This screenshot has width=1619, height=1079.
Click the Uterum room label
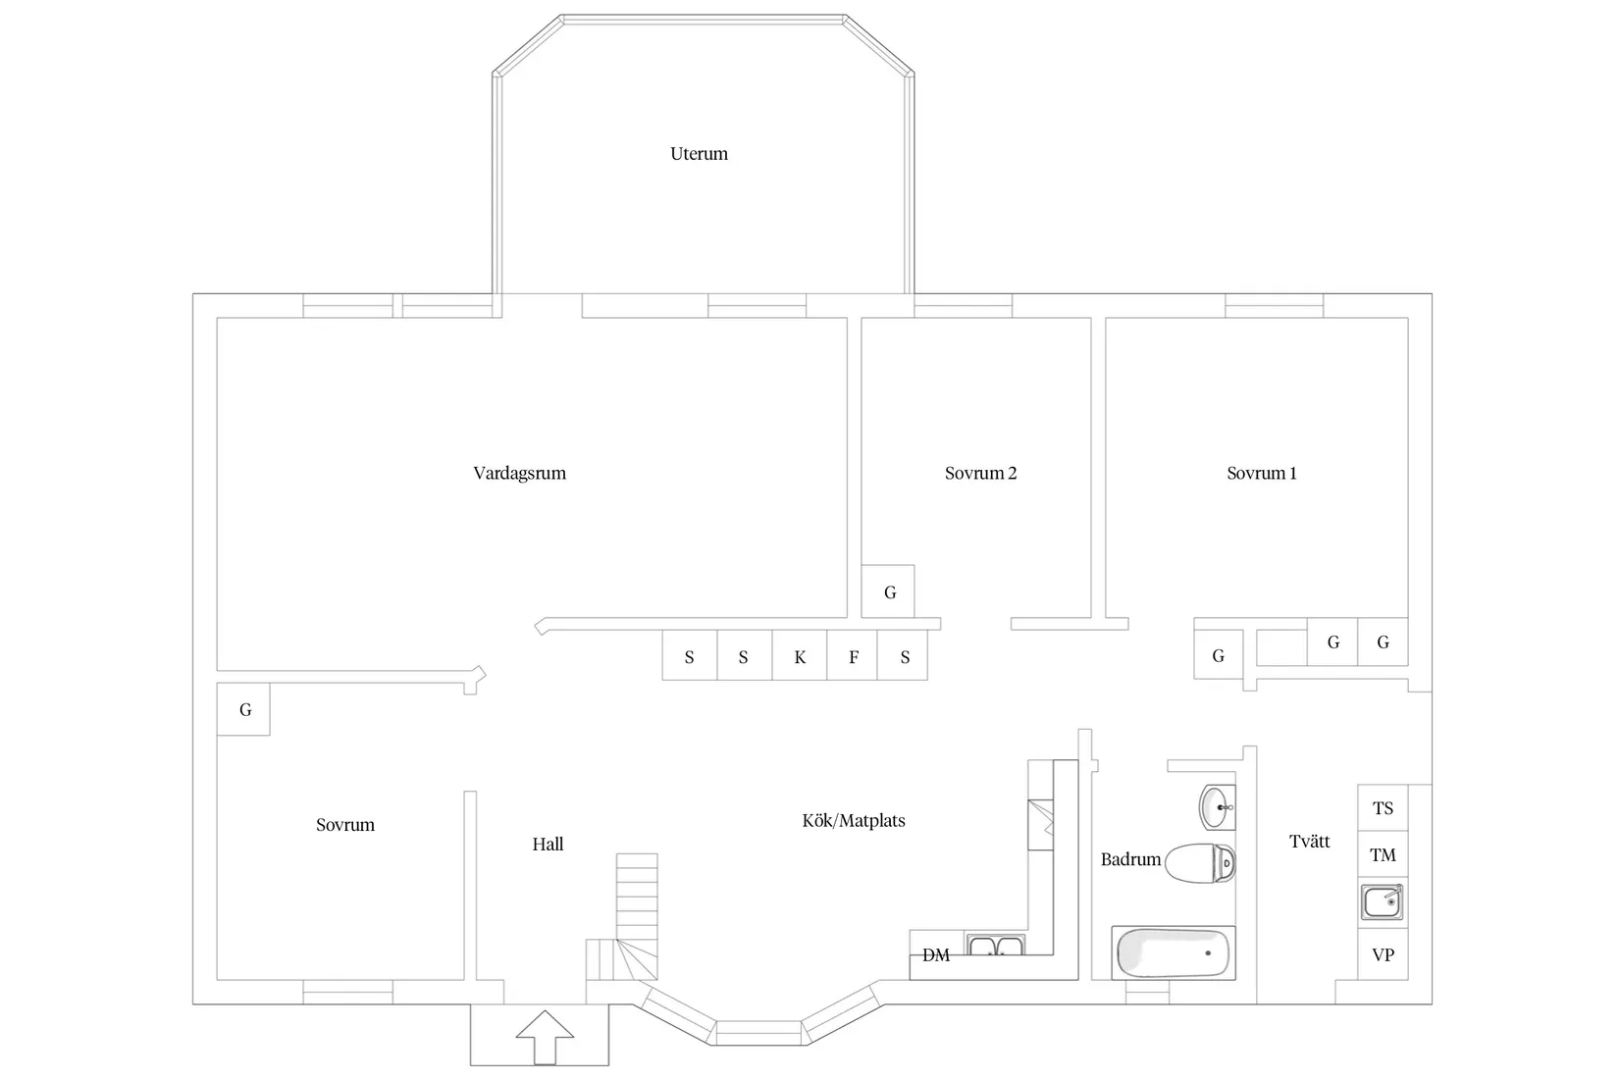(x=699, y=154)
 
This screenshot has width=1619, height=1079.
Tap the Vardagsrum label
(x=520, y=474)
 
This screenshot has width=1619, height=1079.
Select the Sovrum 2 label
(x=981, y=474)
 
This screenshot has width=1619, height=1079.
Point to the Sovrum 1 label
(x=1262, y=474)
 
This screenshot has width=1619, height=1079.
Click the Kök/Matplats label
(x=854, y=820)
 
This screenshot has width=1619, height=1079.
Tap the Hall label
(x=548, y=845)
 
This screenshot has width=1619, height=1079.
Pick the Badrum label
(x=1130, y=859)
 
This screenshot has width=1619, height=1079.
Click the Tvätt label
(x=1310, y=842)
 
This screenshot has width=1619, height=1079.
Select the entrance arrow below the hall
(x=545, y=1037)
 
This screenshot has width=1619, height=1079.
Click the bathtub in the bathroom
(x=1174, y=952)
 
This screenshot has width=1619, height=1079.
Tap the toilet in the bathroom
(x=1201, y=863)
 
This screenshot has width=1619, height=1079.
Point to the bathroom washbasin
(x=1218, y=807)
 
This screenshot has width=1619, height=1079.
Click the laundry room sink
(x=1383, y=901)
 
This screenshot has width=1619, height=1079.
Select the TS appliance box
(x=1383, y=808)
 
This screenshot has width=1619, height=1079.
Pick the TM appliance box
(x=1383, y=854)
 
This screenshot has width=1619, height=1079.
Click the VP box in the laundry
(x=1383, y=954)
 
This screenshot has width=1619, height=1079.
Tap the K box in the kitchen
(x=800, y=655)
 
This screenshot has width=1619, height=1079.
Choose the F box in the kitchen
(x=853, y=655)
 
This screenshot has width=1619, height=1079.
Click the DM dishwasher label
(x=936, y=955)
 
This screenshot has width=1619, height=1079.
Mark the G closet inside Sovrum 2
(x=888, y=591)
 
